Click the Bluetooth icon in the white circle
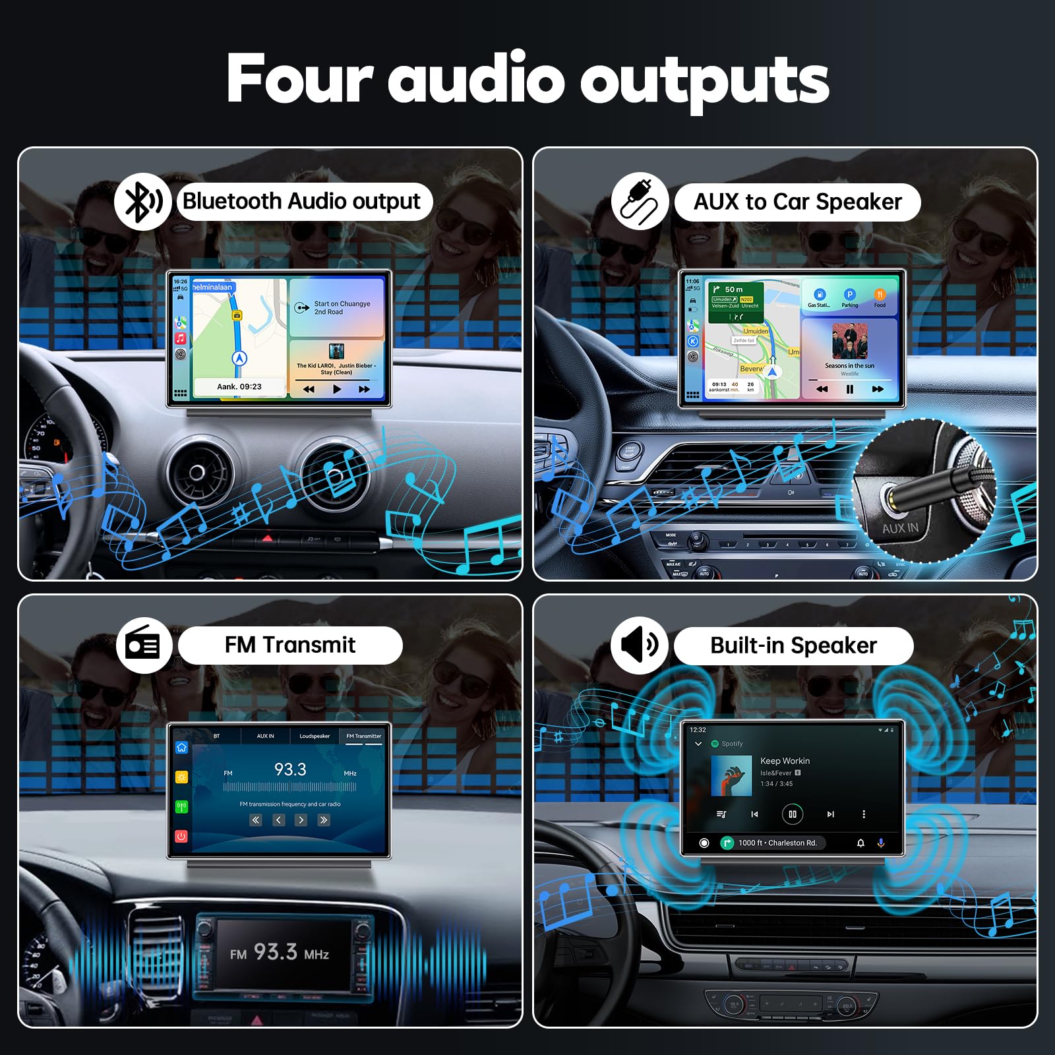tap(143, 201)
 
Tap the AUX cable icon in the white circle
tap(639, 201)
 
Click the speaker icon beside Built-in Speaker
tap(639, 645)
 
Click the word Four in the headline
tap(300, 79)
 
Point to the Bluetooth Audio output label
tap(302, 201)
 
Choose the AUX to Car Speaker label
tap(797, 202)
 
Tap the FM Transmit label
tap(290, 645)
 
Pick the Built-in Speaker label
tap(793, 646)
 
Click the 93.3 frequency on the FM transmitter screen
tap(290, 769)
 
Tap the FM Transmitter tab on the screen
tap(363, 736)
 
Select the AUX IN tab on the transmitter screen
tap(265, 736)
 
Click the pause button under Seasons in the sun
tap(849, 389)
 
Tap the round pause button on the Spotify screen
tap(792, 814)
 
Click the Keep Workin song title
tap(785, 761)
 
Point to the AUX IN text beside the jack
tap(900, 528)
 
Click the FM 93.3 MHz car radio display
tap(280, 953)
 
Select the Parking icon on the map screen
tap(849, 295)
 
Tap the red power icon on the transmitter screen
tap(181, 836)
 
